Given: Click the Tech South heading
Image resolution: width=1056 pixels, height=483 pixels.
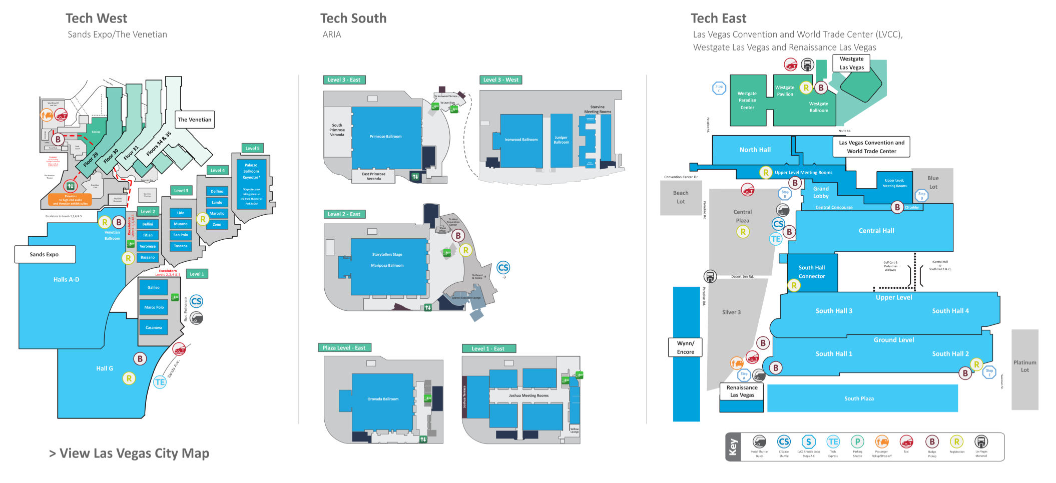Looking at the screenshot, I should pos(353,19).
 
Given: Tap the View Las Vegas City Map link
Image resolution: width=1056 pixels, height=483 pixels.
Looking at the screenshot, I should pos(129,453).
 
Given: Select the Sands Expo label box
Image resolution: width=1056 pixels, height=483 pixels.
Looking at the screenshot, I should pos(45,254).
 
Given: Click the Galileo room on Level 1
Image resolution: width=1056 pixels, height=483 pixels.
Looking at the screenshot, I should pos(154,287).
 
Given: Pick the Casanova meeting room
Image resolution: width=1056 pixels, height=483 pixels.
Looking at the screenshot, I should pos(154,327).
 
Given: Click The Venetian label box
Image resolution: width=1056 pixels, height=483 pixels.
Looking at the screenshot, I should pos(195,120).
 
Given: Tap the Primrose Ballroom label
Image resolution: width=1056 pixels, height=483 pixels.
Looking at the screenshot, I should pos(385,137).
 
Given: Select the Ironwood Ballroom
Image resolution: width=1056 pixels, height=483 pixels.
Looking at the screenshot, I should pos(521,140).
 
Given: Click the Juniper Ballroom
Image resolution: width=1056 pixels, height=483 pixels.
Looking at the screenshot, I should pos(561,140).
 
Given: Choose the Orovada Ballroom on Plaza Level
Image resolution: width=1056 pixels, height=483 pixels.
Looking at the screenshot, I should pos(383,399).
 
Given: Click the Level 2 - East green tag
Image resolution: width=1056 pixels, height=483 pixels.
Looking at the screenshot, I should pos(344,214).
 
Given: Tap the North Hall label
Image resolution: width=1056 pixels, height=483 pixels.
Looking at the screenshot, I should pos(755,150).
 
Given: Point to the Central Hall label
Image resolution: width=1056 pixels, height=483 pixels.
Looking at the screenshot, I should pos(876,231).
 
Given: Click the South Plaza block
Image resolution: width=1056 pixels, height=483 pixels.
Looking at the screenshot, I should pos(859,398).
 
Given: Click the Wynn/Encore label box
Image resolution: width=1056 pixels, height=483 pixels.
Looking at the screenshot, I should pos(685,347).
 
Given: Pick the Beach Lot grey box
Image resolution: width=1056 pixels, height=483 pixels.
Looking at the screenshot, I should pos(681,198).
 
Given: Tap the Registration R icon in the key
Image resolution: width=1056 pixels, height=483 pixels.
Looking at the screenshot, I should pos(956,442).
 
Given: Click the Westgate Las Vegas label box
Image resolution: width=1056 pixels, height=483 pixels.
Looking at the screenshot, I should pos(851,63).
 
